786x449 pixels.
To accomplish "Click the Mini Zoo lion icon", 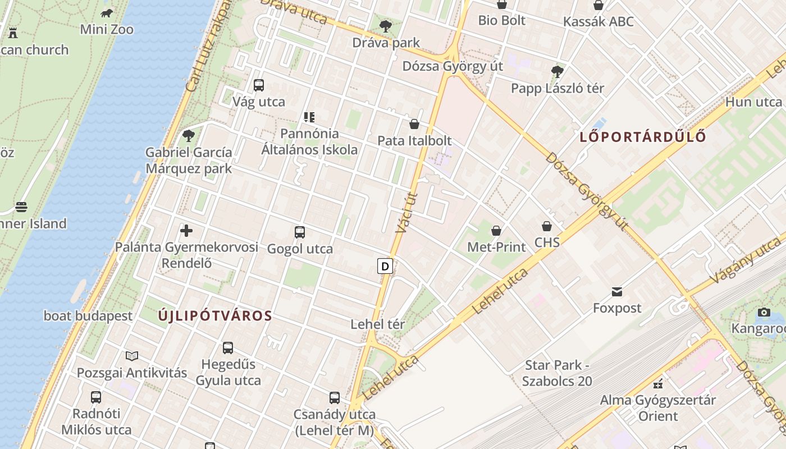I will pyautogui.click(x=107, y=13).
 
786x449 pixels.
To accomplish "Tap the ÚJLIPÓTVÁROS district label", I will pyautogui.click(x=215, y=315).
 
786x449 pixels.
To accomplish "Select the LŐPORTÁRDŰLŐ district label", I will pyautogui.click(x=643, y=136).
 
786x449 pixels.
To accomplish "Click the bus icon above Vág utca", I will pyautogui.click(x=259, y=85).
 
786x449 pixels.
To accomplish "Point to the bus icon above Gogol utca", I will pyautogui.click(x=300, y=232).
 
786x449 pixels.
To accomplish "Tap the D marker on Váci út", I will pyautogui.click(x=385, y=266).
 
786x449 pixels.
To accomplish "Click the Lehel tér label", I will pyautogui.click(x=378, y=324).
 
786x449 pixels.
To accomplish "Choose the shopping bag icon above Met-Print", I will pyautogui.click(x=496, y=231).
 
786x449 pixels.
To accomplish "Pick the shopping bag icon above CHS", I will pyautogui.click(x=547, y=226).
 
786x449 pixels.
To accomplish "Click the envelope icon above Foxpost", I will pyautogui.click(x=618, y=291).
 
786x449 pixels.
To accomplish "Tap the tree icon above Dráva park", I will pyautogui.click(x=386, y=26).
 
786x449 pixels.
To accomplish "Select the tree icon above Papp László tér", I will pyautogui.click(x=557, y=71).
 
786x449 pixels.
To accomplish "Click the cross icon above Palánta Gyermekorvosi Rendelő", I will pyautogui.click(x=186, y=230).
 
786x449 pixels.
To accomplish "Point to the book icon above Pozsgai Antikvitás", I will pyautogui.click(x=132, y=356).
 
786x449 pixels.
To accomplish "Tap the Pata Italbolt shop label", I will pyautogui.click(x=414, y=140).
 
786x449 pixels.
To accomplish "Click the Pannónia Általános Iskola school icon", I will pyautogui.click(x=309, y=117).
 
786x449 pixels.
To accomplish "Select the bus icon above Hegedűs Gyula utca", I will pyautogui.click(x=228, y=348).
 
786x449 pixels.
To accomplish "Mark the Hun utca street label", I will pyautogui.click(x=753, y=102).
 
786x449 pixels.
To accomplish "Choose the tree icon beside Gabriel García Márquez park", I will pyautogui.click(x=189, y=135).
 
